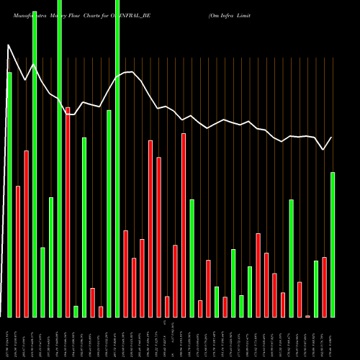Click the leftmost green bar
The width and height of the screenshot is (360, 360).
coord(9,194)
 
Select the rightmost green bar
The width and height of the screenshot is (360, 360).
coord(333,245)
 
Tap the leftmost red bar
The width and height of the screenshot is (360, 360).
coord(18,251)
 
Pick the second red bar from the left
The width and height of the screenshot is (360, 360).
coord(26,234)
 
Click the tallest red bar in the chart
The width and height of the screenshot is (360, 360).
coord(68,212)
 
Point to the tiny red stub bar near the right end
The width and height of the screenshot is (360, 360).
coord(307,316)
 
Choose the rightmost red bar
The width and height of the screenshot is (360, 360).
coord(324,287)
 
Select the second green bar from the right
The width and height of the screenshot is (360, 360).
coord(316,289)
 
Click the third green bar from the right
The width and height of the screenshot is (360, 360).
coord(291,258)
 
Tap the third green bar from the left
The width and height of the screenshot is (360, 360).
coord(42,282)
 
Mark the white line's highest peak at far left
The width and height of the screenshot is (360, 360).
coord(9,45)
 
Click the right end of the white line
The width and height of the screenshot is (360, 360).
coord(332,138)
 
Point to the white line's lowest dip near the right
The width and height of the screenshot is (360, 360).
coord(324,150)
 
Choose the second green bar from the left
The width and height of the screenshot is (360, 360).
coord(35,158)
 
